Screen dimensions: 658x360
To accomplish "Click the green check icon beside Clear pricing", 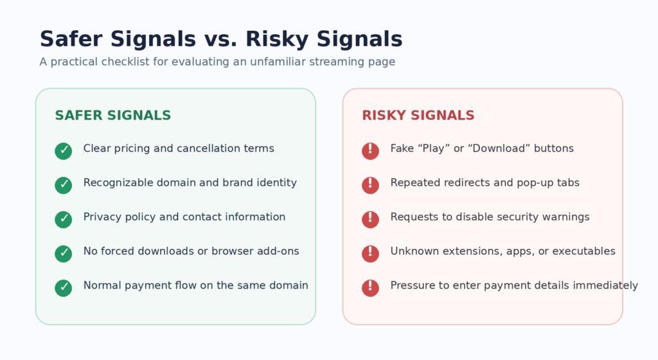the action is point(64,151).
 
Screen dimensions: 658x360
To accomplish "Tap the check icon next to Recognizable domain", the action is point(64,185).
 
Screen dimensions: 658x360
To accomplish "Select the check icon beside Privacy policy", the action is point(64,219).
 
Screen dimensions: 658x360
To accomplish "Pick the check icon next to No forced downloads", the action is point(64,254).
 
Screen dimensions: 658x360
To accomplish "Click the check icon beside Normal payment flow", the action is point(64,288).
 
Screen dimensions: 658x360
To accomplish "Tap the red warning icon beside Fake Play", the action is point(371,151).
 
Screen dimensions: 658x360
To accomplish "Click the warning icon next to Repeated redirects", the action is point(371,185).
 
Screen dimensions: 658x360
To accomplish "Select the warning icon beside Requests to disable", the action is point(371,219).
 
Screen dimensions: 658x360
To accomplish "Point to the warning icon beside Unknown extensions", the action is point(371,254).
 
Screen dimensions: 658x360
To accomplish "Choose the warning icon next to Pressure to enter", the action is point(371,288).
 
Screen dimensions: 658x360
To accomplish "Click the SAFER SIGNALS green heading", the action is point(113,115).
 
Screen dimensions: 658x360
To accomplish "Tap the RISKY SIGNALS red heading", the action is point(418,115).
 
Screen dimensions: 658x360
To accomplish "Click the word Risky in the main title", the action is point(278,39).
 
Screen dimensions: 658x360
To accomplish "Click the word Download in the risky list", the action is point(493,148).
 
